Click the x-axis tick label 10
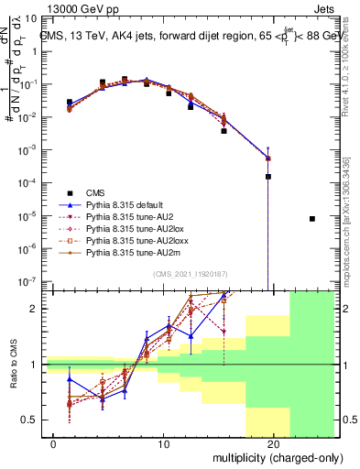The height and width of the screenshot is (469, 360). tap(164, 444)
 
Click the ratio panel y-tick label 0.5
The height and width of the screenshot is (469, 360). tap(31, 420)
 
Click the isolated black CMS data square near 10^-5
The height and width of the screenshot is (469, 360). tap(312, 219)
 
